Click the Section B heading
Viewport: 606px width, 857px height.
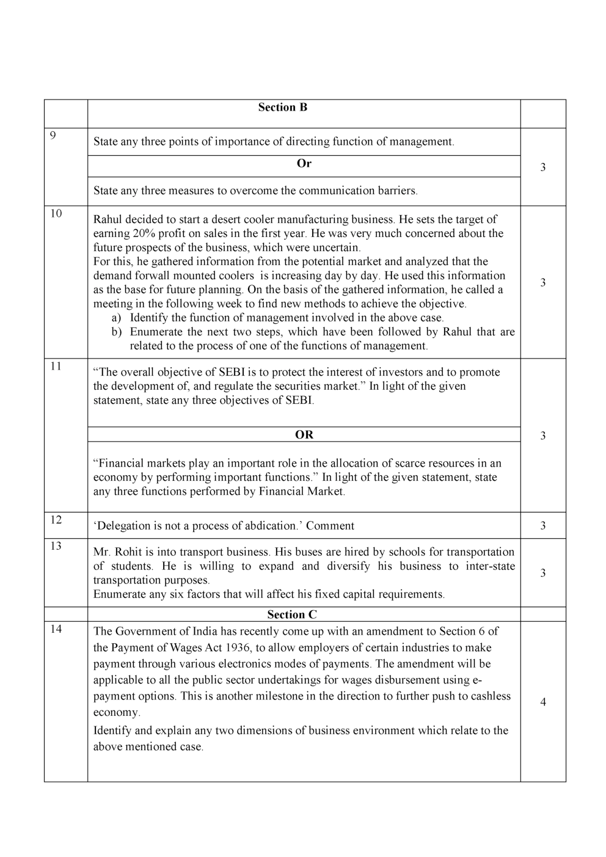(282, 108)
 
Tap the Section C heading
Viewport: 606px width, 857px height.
(292, 614)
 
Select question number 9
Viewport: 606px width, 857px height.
(53, 136)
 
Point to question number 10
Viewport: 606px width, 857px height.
(56, 213)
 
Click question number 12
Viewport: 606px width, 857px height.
(56, 520)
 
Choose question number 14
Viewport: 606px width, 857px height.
(56, 629)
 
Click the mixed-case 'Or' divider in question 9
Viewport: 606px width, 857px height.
(304, 164)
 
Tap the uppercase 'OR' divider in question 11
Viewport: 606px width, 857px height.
(304, 435)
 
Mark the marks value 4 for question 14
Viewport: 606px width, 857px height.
(542, 702)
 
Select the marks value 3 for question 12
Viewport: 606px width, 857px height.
(542, 526)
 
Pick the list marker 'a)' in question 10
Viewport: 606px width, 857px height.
(116, 318)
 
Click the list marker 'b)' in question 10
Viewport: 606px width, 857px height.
(116, 332)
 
